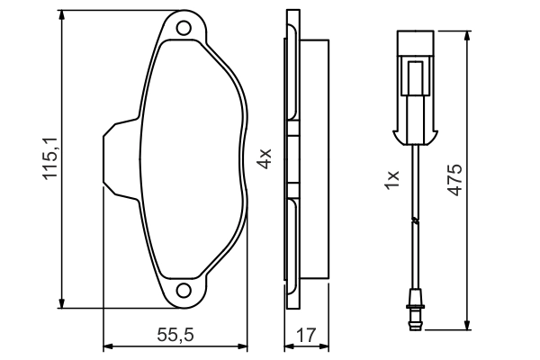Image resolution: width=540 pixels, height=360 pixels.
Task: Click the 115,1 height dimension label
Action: (x=50, y=158)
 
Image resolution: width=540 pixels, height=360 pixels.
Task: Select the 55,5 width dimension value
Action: (x=175, y=335)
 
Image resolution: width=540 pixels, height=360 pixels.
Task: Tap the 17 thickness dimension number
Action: (x=306, y=335)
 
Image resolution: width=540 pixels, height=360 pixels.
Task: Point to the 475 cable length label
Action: (x=454, y=180)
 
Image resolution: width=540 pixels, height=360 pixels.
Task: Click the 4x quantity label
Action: (x=265, y=158)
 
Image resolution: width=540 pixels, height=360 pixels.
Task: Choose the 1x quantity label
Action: (x=391, y=179)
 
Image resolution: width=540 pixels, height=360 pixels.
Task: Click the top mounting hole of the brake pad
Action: (x=184, y=28)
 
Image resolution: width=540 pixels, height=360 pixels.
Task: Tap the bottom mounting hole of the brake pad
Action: (x=184, y=291)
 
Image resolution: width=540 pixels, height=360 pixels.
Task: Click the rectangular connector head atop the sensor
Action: (x=415, y=43)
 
